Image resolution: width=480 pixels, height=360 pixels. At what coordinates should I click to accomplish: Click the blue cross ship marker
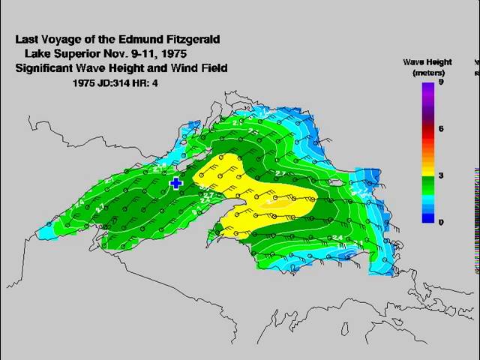pyautogui.click(x=176, y=183)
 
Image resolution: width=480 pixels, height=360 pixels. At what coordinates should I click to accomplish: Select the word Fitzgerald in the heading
pyautogui.click(x=193, y=39)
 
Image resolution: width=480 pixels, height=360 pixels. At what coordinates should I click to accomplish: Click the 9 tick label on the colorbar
pyautogui.click(x=442, y=82)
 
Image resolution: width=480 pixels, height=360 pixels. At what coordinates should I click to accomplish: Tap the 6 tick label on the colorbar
pyautogui.click(x=442, y=129)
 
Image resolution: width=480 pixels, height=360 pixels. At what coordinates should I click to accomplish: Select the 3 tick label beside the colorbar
pyautogui.click(x=442, y=175)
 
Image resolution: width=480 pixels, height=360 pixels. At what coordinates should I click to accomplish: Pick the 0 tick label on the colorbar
pyautogui.click(x=442, y=222)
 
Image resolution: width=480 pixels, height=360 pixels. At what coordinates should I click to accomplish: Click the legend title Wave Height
pyautogui.click(x=425, y=62)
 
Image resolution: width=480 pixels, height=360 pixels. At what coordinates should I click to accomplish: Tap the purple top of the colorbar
pyautogui.click(x=427, y=88)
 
